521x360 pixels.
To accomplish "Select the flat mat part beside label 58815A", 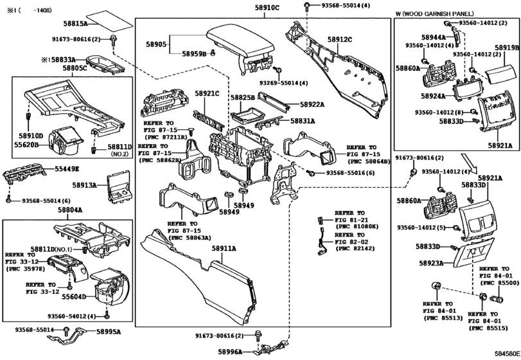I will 107,21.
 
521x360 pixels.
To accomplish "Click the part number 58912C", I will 340,40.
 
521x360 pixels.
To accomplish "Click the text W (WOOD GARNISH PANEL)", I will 434,13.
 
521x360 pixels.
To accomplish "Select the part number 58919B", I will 507,48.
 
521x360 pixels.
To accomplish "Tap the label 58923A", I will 432,263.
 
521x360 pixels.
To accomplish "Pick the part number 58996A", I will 229,352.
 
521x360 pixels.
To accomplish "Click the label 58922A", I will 312,105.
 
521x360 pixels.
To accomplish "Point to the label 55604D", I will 75,298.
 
